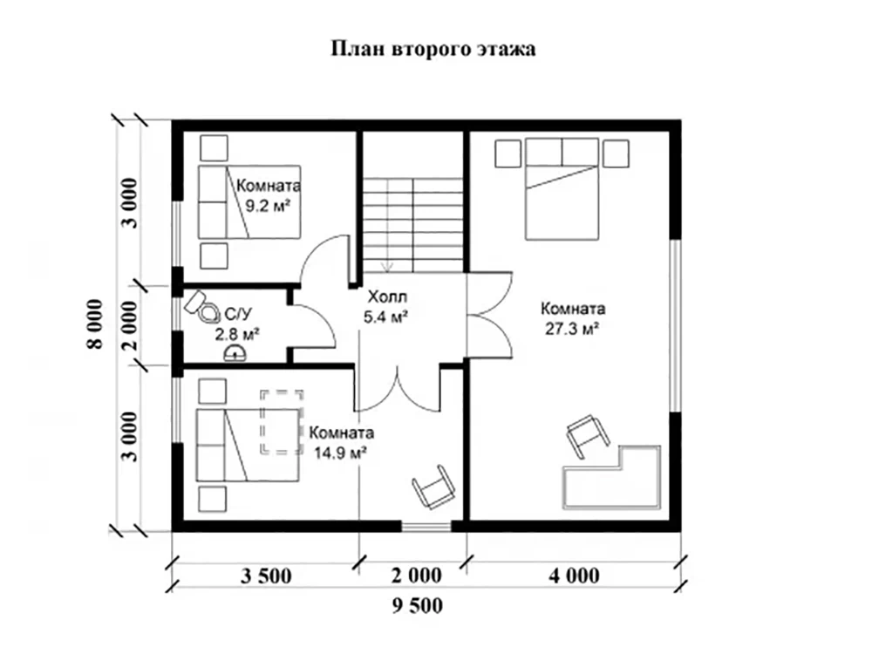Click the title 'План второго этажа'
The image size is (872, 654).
[x=433, y=50]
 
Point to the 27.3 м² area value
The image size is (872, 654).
[x=572, y=329]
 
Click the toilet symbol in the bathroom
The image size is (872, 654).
[x=203, y=305]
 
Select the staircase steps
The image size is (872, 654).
[x=412, y=222]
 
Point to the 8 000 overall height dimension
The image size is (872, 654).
[x=97, y=324]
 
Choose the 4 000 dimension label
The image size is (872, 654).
[x=574, y=576]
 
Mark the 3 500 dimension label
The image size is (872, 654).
[x=264, y=576]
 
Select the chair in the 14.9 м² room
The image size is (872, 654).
[x=432, y=486]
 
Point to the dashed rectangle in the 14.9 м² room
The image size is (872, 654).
[x=283, y=422]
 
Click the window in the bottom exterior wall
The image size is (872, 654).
[x=427, y=525]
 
